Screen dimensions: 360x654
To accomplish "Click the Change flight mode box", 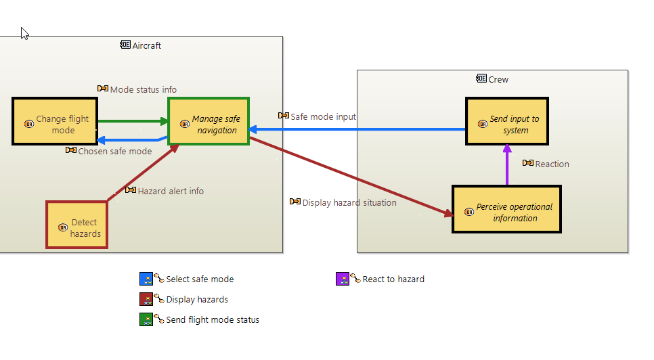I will [x=55, y=121].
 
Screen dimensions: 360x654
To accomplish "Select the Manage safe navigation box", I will [x=209, y=121].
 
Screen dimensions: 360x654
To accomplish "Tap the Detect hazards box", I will [x=77, y=225].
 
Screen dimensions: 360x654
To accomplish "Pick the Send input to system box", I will [x=506, y=121].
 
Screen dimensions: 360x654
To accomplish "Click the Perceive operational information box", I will [x=506, y=209].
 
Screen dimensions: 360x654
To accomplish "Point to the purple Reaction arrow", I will [x=506, y=165].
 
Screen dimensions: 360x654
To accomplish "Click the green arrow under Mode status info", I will [x=133, y=122].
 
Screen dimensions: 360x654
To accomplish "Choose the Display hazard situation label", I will [x=349, y=202].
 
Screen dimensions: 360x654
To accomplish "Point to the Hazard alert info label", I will [x=170, y=191].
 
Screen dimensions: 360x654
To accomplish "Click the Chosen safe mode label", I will [x=114, y=151].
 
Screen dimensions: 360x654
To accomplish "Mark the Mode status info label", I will [x=143, y=89].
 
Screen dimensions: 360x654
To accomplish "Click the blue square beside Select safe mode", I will [x=146, y=279].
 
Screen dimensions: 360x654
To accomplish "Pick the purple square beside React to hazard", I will [x=343, y=279].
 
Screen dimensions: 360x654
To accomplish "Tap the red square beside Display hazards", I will [x=146, y=299].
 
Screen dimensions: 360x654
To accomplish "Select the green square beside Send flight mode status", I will [x=146, y=319].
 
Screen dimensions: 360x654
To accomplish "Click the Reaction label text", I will [x=552, y=164].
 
